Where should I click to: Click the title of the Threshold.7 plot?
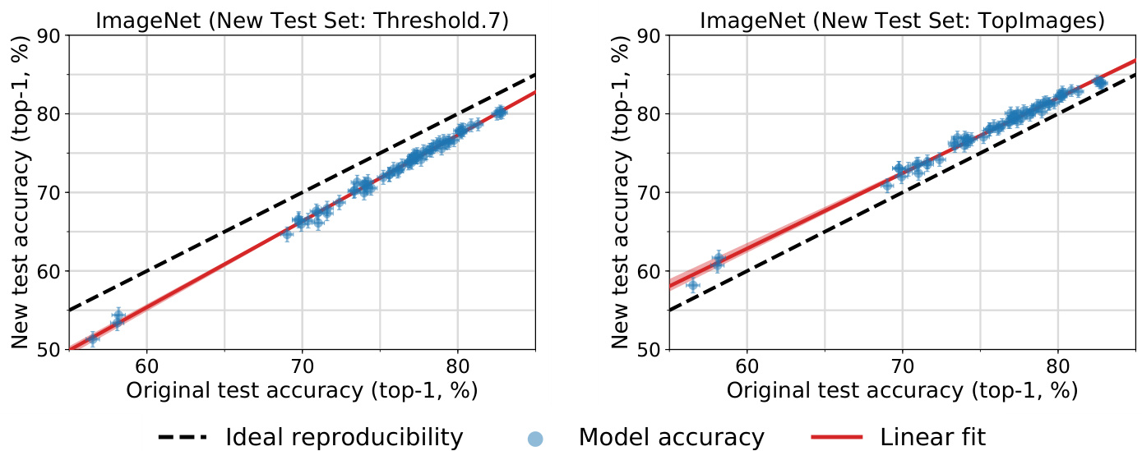tap(302, 20)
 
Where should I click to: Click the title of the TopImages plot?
tap(902, 20)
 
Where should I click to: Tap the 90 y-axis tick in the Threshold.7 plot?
tap(53, 35)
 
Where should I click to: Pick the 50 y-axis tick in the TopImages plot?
tap(653, 350)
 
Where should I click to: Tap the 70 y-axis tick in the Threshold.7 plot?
tap(53, 192)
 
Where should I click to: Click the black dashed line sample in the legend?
tap(181, 437)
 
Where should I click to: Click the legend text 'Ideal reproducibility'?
tap(344, 437)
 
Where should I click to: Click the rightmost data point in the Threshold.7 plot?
tap(499, 113)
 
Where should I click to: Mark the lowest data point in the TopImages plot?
tap(692, 285)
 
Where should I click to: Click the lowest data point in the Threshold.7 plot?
tap(92, 338)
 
